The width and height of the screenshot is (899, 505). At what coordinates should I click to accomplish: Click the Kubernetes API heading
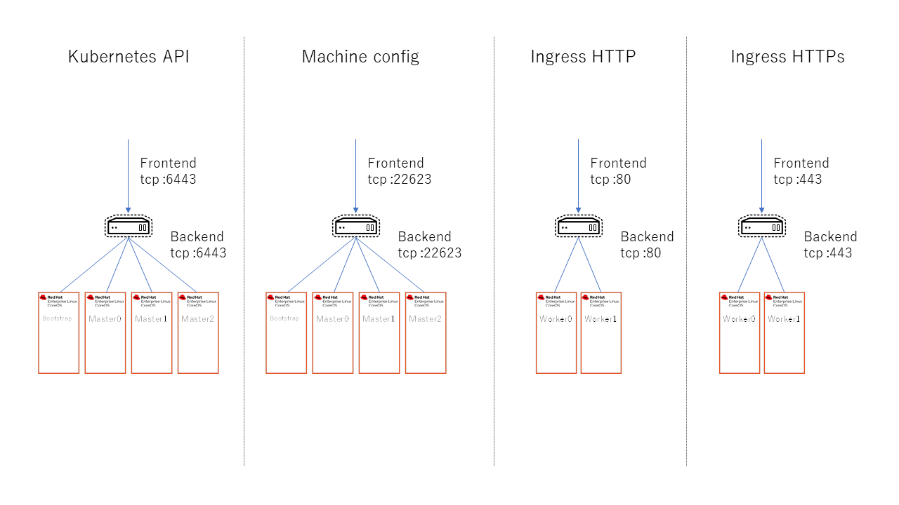pyautogui.click(x=129, y=57)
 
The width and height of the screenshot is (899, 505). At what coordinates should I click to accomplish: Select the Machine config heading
pyautogui.click(x=360, y=57)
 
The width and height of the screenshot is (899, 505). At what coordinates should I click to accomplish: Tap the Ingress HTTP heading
pyautogui.click(x=583, y=57)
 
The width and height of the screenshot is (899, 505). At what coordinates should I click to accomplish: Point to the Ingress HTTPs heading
pyautogui.click(x=787, y=57)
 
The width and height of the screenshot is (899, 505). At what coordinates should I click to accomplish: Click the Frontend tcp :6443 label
pyautogui.click(x=168, y=171)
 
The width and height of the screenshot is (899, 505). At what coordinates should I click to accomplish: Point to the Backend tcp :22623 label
pyautogui.click(x=429, y=245)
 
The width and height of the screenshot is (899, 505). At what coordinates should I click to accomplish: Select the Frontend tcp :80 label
pyautogui.click(x=618, y=171)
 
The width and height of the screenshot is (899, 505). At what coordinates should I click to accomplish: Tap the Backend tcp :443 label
pyautogui.click(x=830, y=245)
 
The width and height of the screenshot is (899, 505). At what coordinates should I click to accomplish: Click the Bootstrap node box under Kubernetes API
pyautogui.click(x=58, y=333)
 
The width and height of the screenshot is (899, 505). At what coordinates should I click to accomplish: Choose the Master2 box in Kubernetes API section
pyautogui.click(x=198, y=333)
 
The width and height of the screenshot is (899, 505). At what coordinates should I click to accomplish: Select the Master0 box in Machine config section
pyautogui.click(x=333, y=333)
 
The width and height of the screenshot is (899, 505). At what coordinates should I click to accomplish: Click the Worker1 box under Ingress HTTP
pyautogui.click(x=601, y=333)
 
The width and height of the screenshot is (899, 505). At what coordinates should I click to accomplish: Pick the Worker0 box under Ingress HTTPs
pyautogui.click(x=740, y=333)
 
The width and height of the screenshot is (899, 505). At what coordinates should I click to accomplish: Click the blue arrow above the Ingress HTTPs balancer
pyautogui.click(x=761, y=175)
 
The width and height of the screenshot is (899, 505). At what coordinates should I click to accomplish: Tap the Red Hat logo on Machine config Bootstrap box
pyautogui.click(x=270, y=297)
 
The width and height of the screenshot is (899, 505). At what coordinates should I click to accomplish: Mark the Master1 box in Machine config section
pyautogui.click(x=379, y=333)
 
